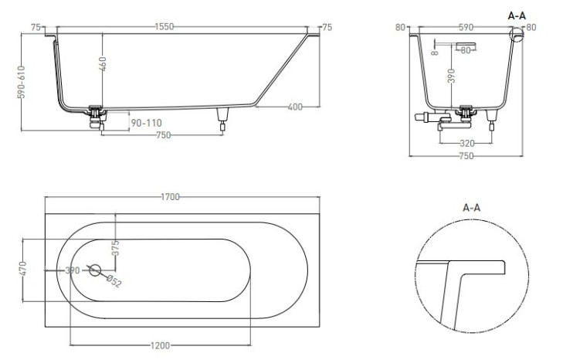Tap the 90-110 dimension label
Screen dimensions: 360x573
click(x=146, y=123)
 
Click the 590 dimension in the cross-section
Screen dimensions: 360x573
click(x=466, y=27)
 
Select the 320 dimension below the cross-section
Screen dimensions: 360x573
click(x=466, y=143)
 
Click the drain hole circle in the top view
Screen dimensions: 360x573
click(x=95, y=270)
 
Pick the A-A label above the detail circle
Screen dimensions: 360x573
click(x=472, y=208)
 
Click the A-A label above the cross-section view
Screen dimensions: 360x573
click(x=517, y=14)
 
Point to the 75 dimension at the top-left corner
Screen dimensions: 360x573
click(x=36, y=27)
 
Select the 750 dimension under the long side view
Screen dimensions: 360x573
click(x=162, y=135)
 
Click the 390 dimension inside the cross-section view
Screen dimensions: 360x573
click(x=452, y=76)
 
